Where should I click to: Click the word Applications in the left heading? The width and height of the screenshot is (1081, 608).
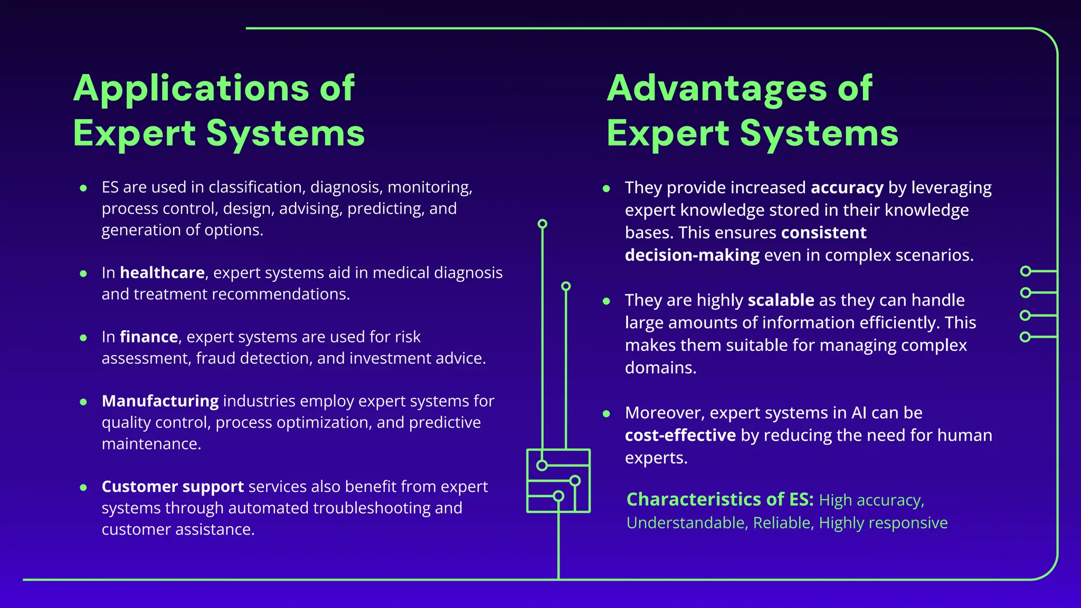tap(191, 88)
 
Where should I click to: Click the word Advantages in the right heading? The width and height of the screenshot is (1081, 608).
tap(717, 88)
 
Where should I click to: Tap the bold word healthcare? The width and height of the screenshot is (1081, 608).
tap(162, 273)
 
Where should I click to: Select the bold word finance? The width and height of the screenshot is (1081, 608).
tap(149, 337)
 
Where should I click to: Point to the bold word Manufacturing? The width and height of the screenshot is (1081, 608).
tap(160, 401)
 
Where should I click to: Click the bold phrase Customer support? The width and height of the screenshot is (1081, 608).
tap(173, 487)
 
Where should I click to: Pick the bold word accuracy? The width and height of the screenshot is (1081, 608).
tap(847, 188)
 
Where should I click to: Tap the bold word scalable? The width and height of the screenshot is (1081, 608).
tap(781, 300)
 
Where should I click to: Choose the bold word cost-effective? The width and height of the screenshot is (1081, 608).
tap(680, 435)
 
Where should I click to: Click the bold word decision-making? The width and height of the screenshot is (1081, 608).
tap(692, 255)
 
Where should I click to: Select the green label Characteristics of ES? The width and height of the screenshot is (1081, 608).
tap(720, 499)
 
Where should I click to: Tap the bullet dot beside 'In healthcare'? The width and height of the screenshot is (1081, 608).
tap(83, 273)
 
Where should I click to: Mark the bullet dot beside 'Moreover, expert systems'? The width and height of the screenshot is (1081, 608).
tap(606, 414)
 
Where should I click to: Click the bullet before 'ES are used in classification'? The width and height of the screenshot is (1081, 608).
tap(83, 188)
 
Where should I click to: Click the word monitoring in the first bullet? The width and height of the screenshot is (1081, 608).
tap(429, 187)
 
